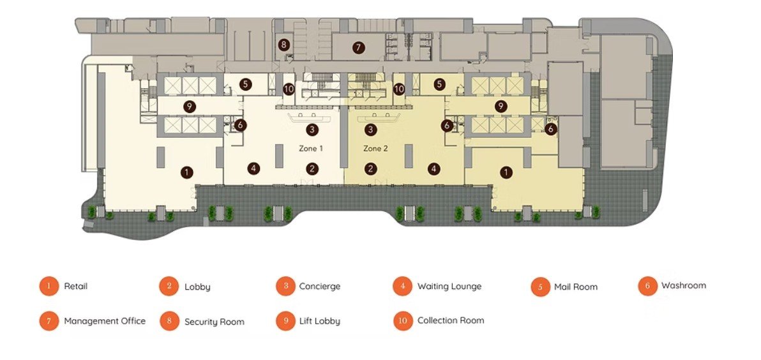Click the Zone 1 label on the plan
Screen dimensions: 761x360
(311, 149)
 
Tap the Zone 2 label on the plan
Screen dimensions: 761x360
(375, 149)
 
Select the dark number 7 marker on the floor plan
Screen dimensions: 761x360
(358, 47)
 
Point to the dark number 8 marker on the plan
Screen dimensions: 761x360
(284, 45)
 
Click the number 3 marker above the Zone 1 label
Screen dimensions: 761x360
(312, 130)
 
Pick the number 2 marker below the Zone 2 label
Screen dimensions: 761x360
(371, 169)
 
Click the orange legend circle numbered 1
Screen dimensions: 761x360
(49, 286)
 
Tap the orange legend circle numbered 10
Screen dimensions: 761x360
(403, 320)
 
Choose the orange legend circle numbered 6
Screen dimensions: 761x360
(647, 286)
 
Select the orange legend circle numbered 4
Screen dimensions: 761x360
(403, 286)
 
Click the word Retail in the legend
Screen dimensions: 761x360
(76, 286)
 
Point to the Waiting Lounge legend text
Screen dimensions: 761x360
(449, 286)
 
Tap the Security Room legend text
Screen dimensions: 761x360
(214, 322)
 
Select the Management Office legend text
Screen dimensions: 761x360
(105, 321)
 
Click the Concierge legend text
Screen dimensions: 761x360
(320, 286)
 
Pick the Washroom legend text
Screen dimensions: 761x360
(683, 285)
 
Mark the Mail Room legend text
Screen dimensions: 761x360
(576, 287)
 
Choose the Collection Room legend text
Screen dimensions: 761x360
(451, 320)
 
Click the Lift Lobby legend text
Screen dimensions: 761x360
(320, 321)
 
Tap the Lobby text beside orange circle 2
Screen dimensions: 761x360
(197, 287)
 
